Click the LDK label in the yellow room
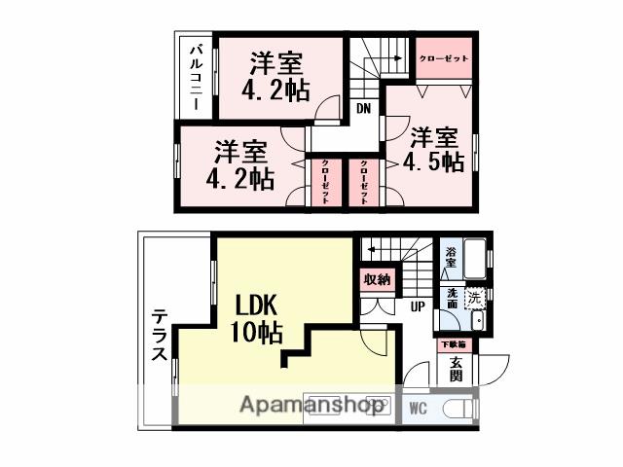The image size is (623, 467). coord(255,304)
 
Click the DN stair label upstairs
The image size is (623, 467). coord(362,108)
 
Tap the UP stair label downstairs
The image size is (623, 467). coord(417,307)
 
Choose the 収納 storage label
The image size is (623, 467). coord(377,279)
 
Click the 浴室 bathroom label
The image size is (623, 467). coord(451,258)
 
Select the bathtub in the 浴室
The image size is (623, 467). coord(474,259)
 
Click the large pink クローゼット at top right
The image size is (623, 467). coord(443,59)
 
